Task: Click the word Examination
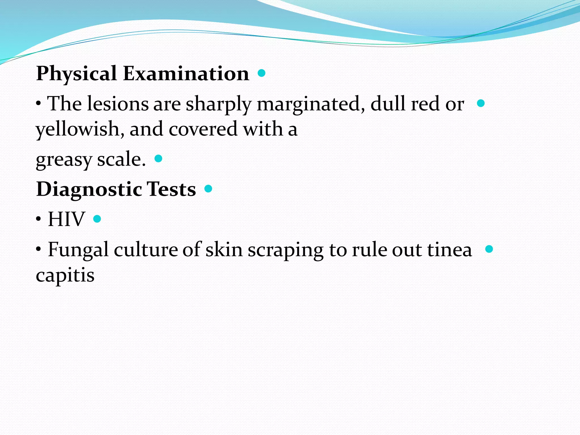[186, 74]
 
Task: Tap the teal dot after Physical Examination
[262, 73]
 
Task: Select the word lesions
[118, 104]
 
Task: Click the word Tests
[171, 189]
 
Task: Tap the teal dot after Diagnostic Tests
[208, 189]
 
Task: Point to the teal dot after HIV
[97, 219]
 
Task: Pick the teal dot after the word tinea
[489, 249]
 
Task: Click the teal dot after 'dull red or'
[481, 103]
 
